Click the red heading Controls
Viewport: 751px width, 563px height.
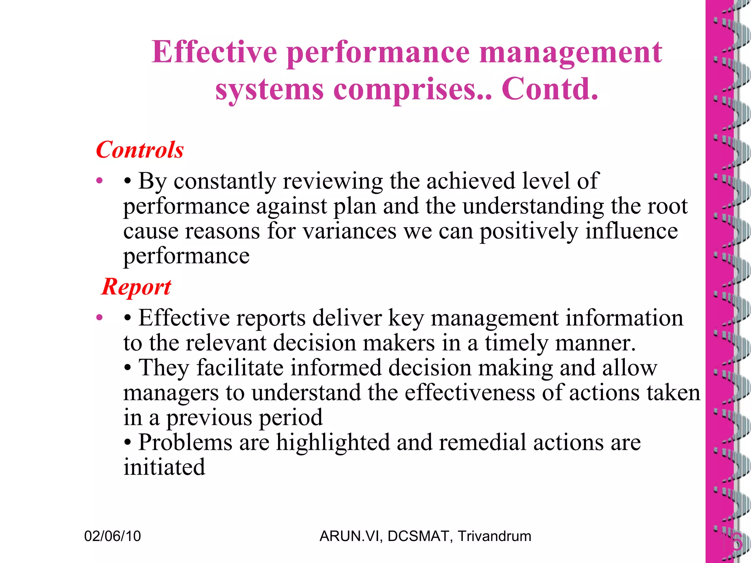point(140,150)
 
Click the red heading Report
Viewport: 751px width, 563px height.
point(136,287)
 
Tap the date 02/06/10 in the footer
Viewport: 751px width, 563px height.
point(113,536)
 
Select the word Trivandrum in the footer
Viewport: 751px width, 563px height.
point(494,536)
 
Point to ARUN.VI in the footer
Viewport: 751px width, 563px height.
point(351,536)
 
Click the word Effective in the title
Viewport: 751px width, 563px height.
point(214,52)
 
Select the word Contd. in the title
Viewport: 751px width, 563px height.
point(550,89)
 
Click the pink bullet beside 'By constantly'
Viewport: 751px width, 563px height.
point(99,181)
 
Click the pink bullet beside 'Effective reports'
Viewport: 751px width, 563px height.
point(99,317)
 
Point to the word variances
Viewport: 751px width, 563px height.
point(349,231)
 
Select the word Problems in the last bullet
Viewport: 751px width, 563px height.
point(185,442)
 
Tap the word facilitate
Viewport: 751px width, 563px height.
point(240,368)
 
